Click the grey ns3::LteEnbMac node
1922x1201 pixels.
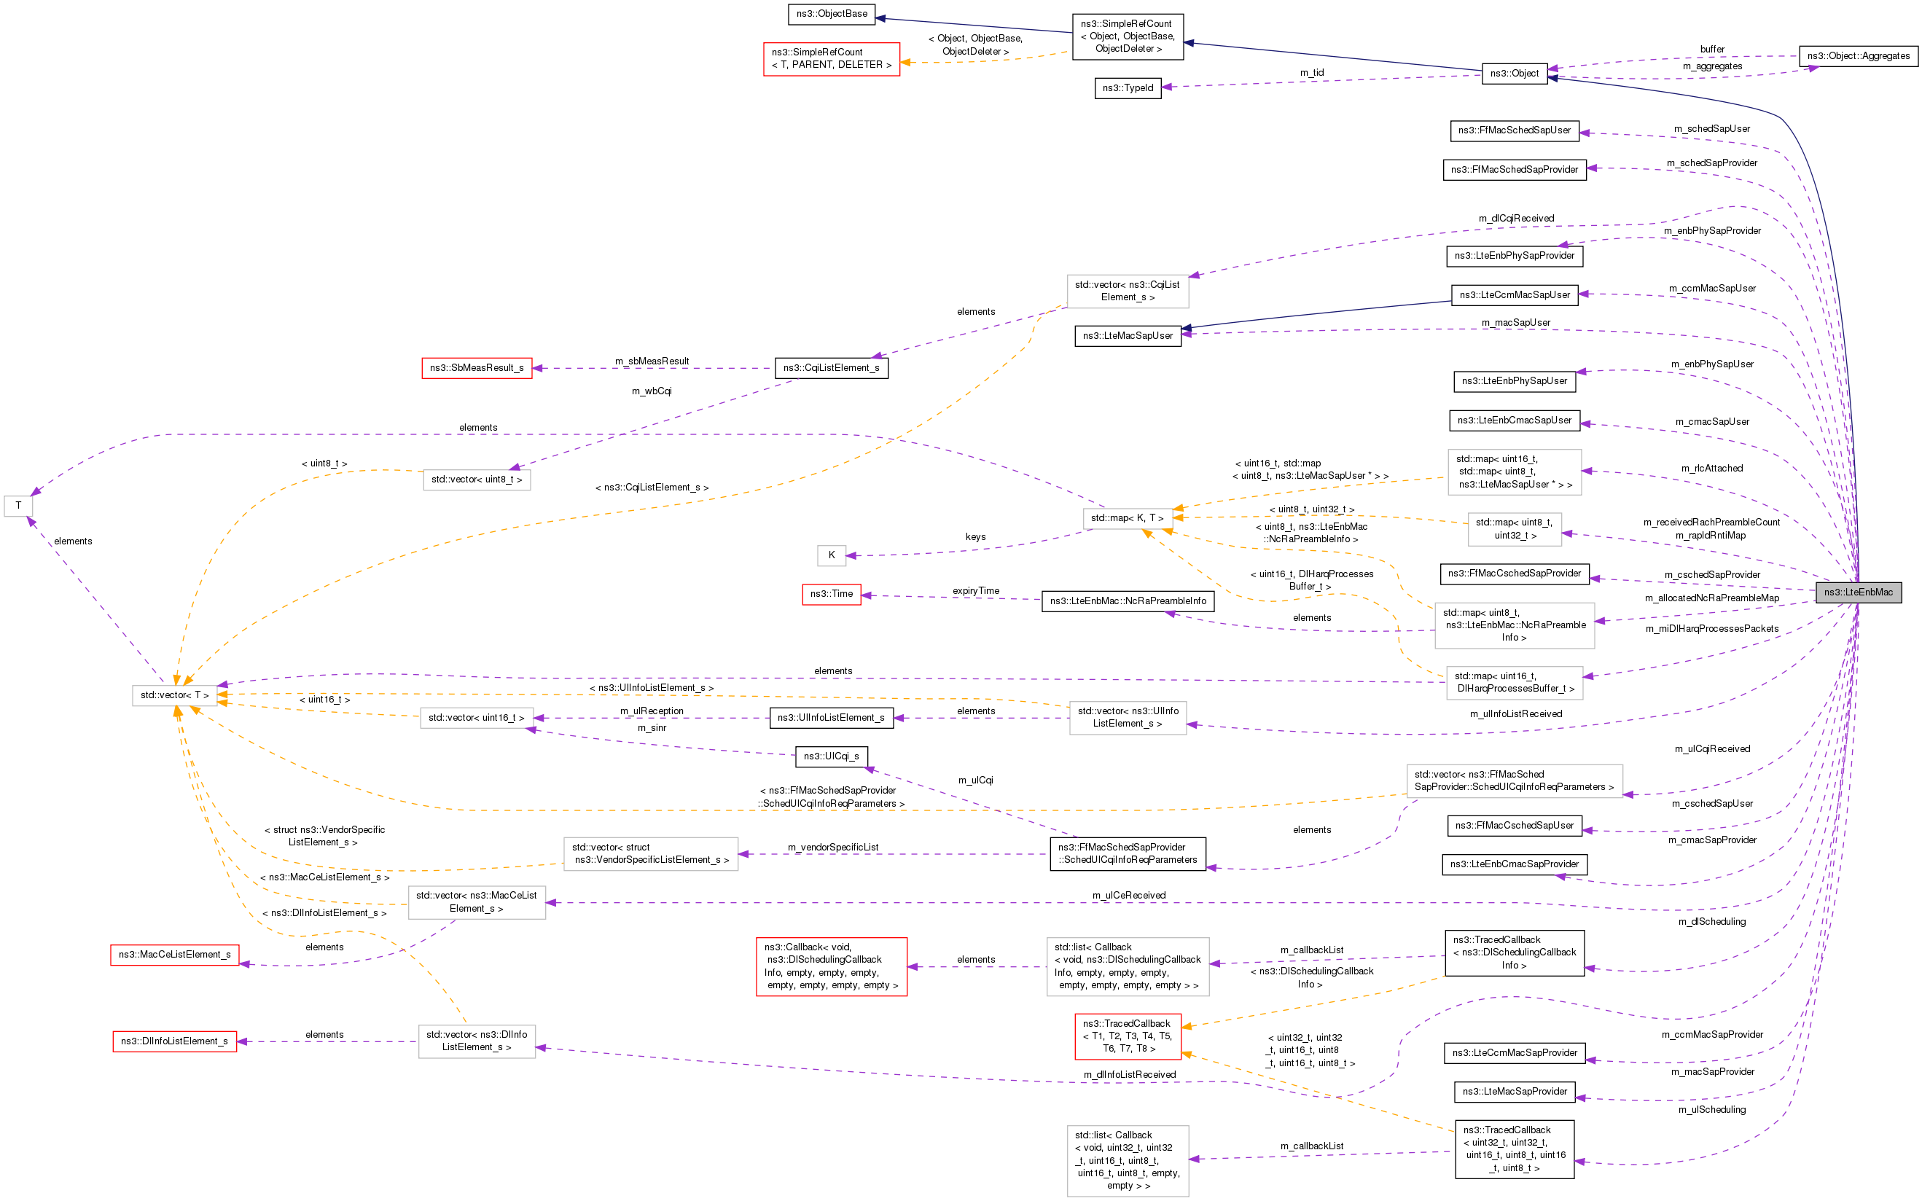tap(1858, 592)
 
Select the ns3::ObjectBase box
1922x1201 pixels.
tap(832, 14)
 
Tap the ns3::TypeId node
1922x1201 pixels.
tap(1127, 87)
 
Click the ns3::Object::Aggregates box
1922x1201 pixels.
tap(1859, 55)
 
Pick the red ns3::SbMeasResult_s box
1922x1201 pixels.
tap(477, 368)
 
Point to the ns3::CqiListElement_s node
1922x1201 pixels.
tap(831, 368)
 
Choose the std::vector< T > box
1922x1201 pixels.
tap(175, 695)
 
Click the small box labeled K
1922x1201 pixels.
tap(832, 555)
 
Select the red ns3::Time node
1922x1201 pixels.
tap(832, 593)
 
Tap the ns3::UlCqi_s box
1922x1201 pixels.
tap(831, 756)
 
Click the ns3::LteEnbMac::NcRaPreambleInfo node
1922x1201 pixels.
tap(1128, 601)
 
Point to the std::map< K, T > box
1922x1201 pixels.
tap(1127, 518)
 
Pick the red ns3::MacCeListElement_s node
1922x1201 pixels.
tap(175, 955)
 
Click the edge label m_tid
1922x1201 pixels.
tap(1312, 73)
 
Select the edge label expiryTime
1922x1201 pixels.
tap(976, 591)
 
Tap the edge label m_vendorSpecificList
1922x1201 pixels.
tap(833, 848)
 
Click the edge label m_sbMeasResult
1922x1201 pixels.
tap(652, 361)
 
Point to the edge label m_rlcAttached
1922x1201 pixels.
tap(1712, 469)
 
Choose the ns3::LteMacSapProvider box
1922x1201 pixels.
tap(1515, 1092)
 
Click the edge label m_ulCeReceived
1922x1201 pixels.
tap(1128, 896)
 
